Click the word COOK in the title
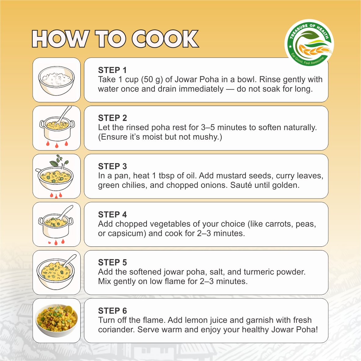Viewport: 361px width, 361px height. [165, 39]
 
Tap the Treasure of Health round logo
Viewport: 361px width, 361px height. [309, 43]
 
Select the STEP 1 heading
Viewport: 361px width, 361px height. [112, 70]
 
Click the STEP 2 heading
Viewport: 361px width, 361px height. [113, 118]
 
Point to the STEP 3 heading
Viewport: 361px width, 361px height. [113, 166]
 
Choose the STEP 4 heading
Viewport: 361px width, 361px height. [113, 215]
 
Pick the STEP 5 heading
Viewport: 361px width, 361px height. [113, 262]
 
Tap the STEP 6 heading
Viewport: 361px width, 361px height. [113, 311]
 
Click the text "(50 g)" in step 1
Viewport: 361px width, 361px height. [152, 79]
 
